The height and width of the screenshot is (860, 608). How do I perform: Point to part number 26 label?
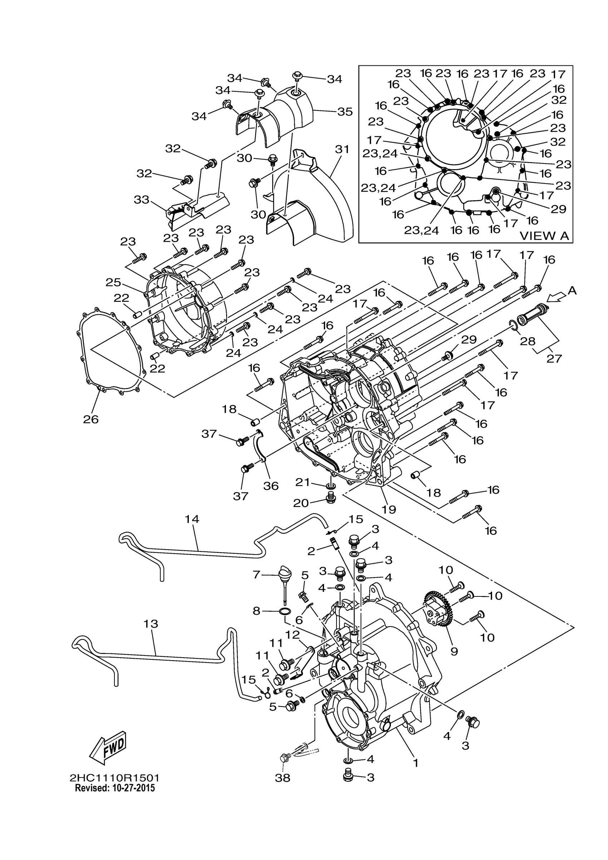(x=90, y=419)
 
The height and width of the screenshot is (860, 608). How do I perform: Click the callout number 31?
(x=342, y=149)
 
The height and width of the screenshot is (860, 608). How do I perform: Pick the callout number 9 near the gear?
(x=454, y=652)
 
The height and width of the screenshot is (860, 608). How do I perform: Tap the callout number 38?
(x=283, y=778)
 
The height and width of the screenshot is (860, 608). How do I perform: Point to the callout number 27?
(x=554, y=358)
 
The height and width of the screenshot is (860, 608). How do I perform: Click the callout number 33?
(x=142, y=200)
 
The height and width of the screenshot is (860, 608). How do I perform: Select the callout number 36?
(x=271, y=486)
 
